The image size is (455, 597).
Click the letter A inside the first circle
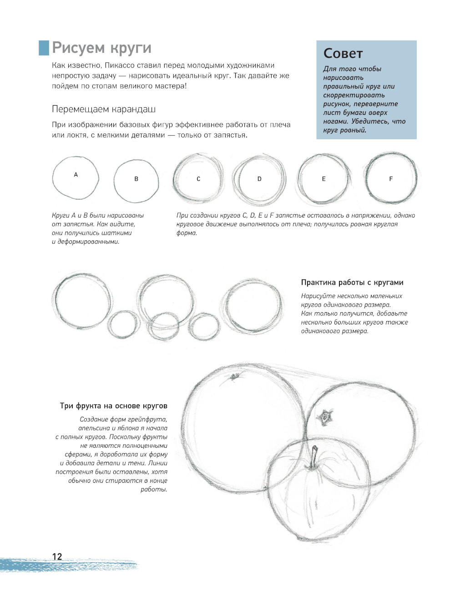(76, 174)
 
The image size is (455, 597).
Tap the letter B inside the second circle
(136, 179)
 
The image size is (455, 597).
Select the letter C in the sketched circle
(198, 179)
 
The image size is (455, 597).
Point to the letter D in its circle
(259, 179)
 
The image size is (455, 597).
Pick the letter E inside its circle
(324, 179)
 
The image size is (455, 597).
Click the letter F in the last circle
(390, 179)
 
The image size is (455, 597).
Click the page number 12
(57, 556)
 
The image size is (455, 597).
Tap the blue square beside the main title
(44, 48)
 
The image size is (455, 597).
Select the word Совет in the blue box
(343, 54)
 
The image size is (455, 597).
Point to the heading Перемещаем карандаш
(104, 109)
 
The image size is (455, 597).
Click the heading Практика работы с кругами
(352, 282)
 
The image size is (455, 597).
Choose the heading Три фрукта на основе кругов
(114, 405)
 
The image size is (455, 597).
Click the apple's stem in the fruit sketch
(313, 457)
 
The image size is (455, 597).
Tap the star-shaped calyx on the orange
(325, 417)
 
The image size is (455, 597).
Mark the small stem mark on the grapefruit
(235, 376)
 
